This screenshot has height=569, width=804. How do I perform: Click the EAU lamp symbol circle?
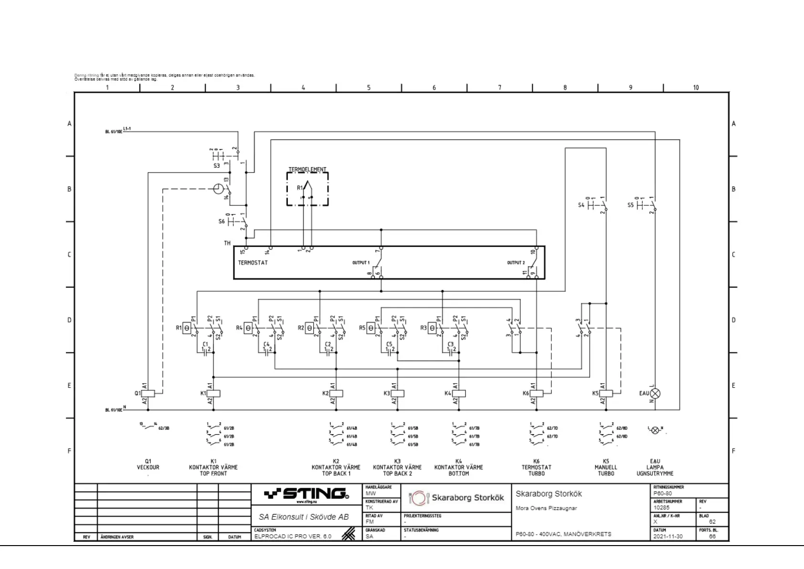(x=656, y=393)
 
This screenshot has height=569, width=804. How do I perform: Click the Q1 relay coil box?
(x=148, y=393)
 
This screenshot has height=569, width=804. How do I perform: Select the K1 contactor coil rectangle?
(x=213, y=393)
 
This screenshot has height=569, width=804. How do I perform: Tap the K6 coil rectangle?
(x=537, y=393)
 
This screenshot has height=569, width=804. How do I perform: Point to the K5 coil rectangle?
(x=606, y=393)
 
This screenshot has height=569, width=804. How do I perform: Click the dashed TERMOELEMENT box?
(x=307, y=189)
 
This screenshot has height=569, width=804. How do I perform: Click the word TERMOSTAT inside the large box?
(x=253, y=263)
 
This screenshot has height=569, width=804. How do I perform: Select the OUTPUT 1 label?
(x=361, y=263)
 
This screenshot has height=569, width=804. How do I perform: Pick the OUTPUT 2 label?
(x=516, y=263)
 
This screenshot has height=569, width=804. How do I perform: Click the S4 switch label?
(x=581, y=205)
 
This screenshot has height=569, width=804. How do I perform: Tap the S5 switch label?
(x=631, y=205)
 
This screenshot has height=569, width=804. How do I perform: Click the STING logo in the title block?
(x=306, y=494)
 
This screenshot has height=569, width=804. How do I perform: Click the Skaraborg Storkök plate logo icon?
(x=419, y=498)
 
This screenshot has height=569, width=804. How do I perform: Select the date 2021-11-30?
(x=668, y=537)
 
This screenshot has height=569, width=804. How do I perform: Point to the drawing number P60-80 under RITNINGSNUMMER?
(x=663, y=494)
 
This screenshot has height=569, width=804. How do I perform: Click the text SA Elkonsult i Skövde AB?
(x=304, y=517)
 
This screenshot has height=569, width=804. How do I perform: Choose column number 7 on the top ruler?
(x=500, y=87)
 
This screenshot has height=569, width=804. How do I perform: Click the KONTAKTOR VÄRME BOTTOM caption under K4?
(x=459, y=470)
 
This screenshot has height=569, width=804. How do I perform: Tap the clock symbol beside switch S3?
(x=218, y=189)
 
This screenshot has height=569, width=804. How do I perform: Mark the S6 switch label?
(x=222, y=222)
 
